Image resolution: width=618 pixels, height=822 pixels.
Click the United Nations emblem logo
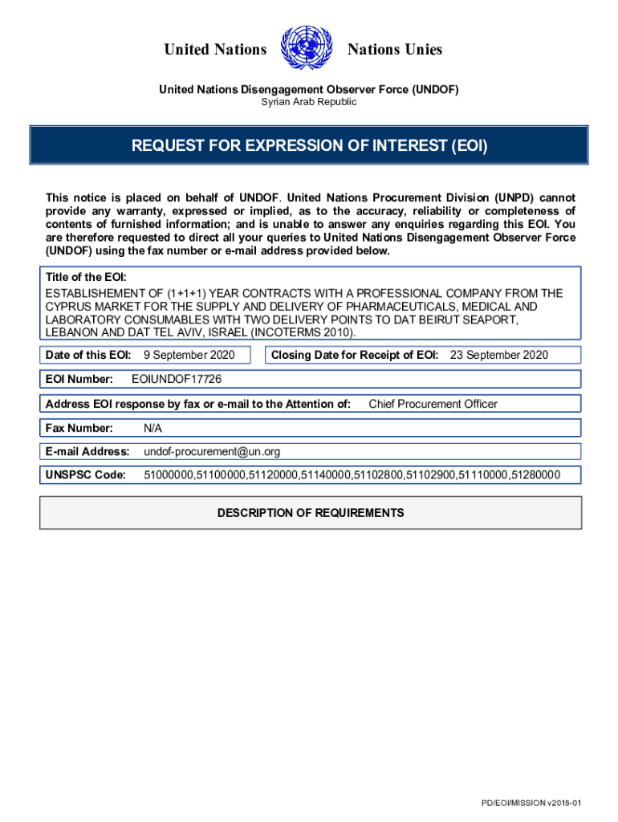point(307,50)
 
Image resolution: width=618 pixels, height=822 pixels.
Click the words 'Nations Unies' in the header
point(394,50)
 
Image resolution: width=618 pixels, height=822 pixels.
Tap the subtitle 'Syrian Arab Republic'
point(308,103)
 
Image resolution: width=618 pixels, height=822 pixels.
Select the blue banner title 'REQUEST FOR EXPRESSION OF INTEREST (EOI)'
point(309,146)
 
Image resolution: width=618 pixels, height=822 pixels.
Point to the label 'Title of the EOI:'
point(86,277)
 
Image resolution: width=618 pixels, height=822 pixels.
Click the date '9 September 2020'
point(189,355)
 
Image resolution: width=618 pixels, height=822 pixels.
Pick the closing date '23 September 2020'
point(498,355)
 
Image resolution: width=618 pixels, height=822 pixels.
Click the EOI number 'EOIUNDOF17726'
point(176,379)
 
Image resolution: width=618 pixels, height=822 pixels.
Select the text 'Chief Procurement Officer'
point(433,404)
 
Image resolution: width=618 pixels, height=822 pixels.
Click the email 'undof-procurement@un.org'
point(212,452)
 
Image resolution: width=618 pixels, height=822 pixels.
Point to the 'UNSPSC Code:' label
point(86,476)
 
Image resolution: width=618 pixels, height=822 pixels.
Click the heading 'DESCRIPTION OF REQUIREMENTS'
point(311,513)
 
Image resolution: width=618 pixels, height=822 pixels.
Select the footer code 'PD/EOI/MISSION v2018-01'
point(531,804)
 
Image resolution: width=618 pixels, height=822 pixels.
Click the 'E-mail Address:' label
point(87,452)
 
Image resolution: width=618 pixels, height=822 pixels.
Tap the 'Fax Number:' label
point(79,428)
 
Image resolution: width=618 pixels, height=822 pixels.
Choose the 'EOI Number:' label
point(79,379)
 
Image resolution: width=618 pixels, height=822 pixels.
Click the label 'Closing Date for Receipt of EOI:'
point(355,355)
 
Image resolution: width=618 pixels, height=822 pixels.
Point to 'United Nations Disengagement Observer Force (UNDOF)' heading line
point(308,90)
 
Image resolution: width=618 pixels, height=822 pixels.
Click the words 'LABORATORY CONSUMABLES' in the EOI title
point(115,319)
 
